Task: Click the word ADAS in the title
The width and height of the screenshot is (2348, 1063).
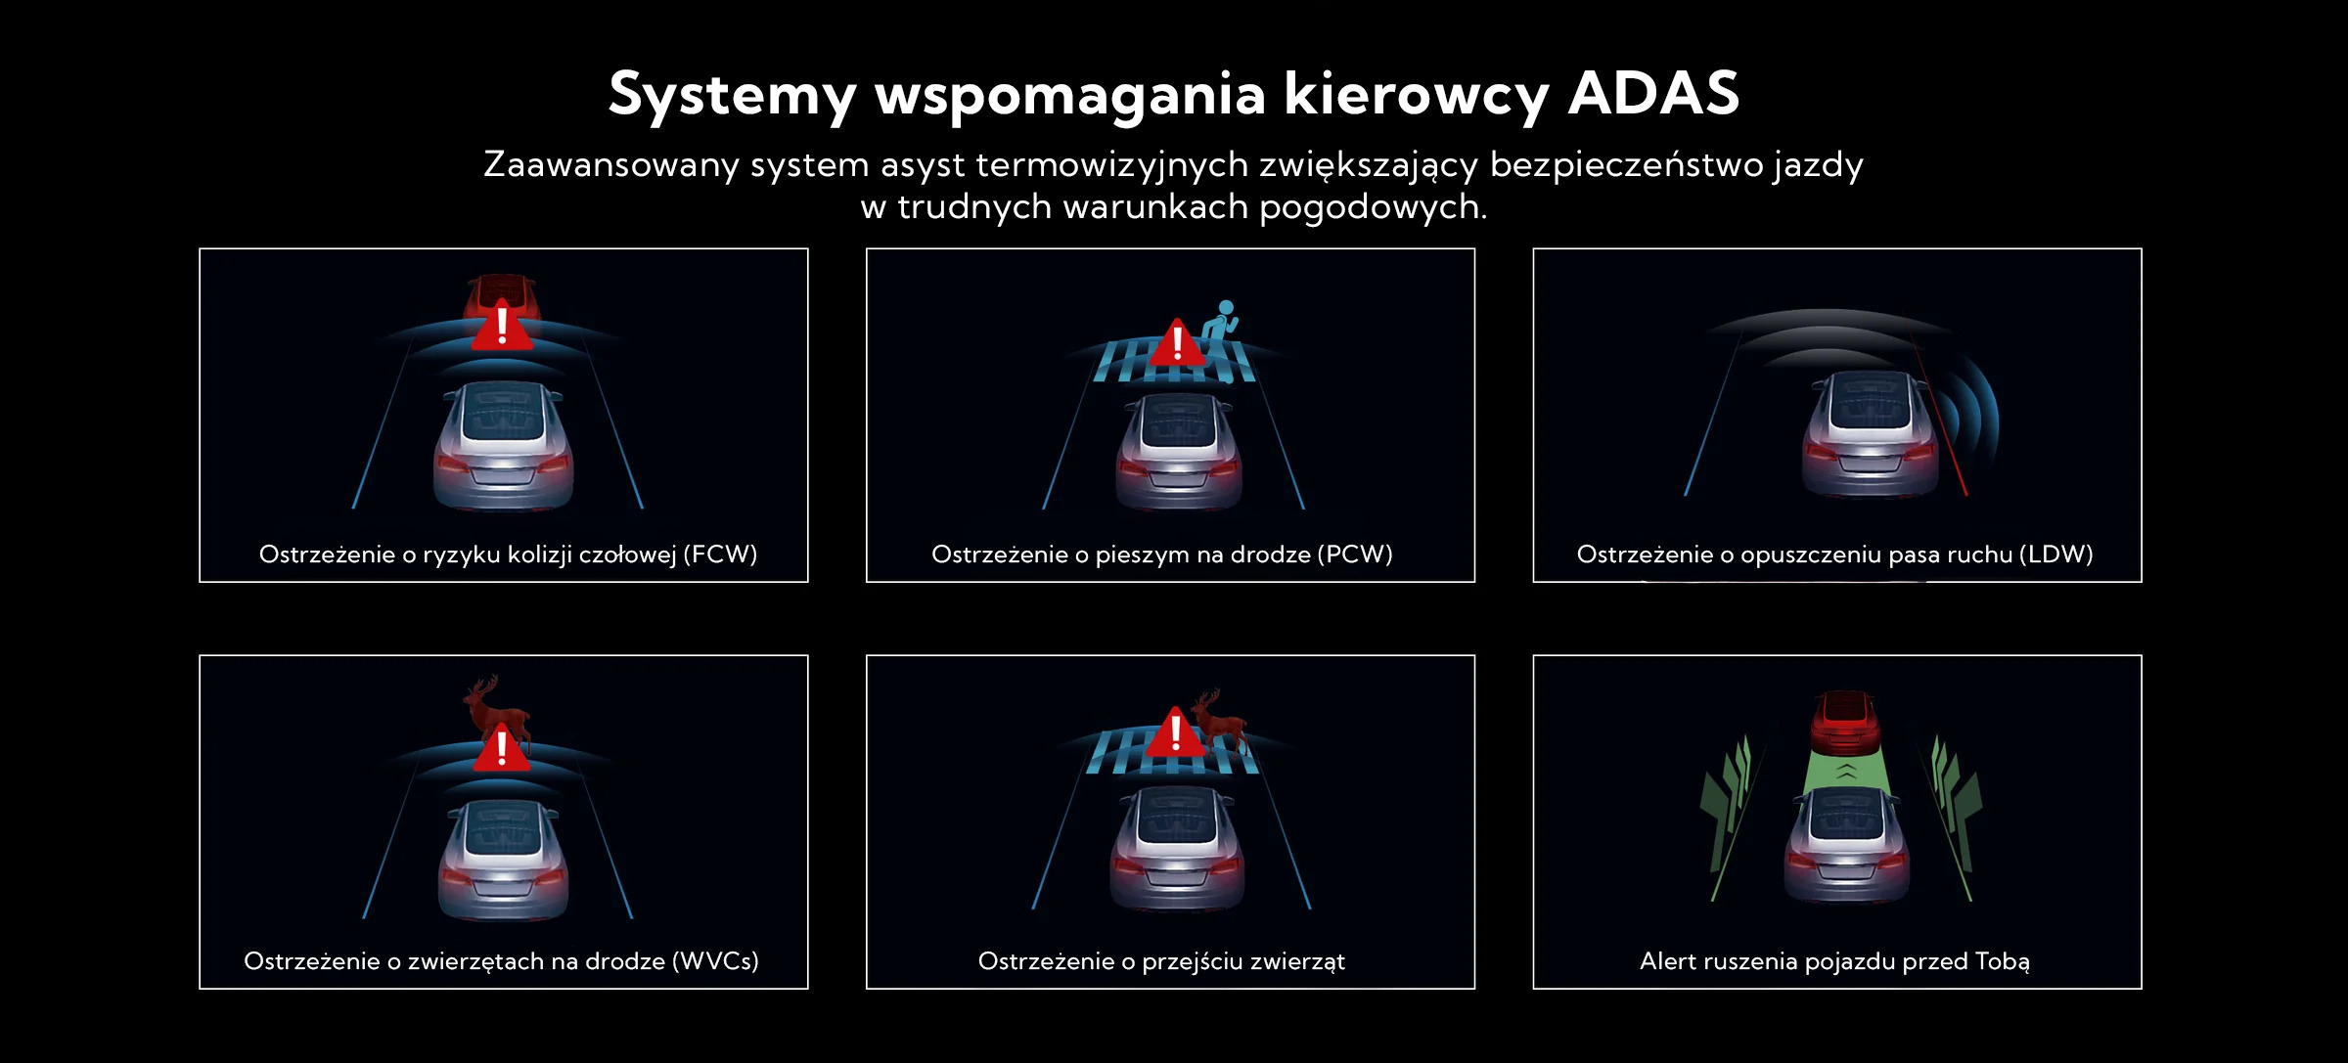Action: click(1653, 94)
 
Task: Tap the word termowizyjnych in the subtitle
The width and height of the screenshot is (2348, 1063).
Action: click(1111, 165)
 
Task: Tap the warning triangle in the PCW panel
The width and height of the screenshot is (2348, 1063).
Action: click(1177, 342)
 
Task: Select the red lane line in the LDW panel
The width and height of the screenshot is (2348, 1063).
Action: click(1939, 415)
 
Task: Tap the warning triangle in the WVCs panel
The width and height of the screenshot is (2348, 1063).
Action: click(502, 748)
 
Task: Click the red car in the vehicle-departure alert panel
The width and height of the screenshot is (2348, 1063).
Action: click(1845, 722)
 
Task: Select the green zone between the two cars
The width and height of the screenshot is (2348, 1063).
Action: click(1845, 772)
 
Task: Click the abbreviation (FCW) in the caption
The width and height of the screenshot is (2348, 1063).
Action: click(720, 554)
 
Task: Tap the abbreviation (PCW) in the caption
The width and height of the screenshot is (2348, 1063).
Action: click(1355, 554)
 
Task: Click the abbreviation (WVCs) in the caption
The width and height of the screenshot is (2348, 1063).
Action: click(715, 961)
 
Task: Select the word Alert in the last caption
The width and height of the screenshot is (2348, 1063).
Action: click(1667, 961)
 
